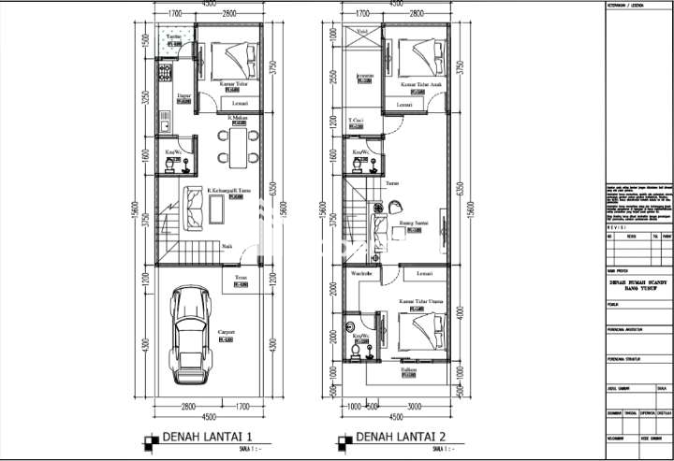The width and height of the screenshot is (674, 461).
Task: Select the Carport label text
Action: pos(226,332)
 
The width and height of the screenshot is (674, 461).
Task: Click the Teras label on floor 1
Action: pos(241,278)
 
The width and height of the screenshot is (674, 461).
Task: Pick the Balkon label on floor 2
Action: pos(409,370)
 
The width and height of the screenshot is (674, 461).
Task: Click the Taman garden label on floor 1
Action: pos(173,36)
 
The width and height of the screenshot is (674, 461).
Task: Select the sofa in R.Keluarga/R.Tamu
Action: pos(194,209)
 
